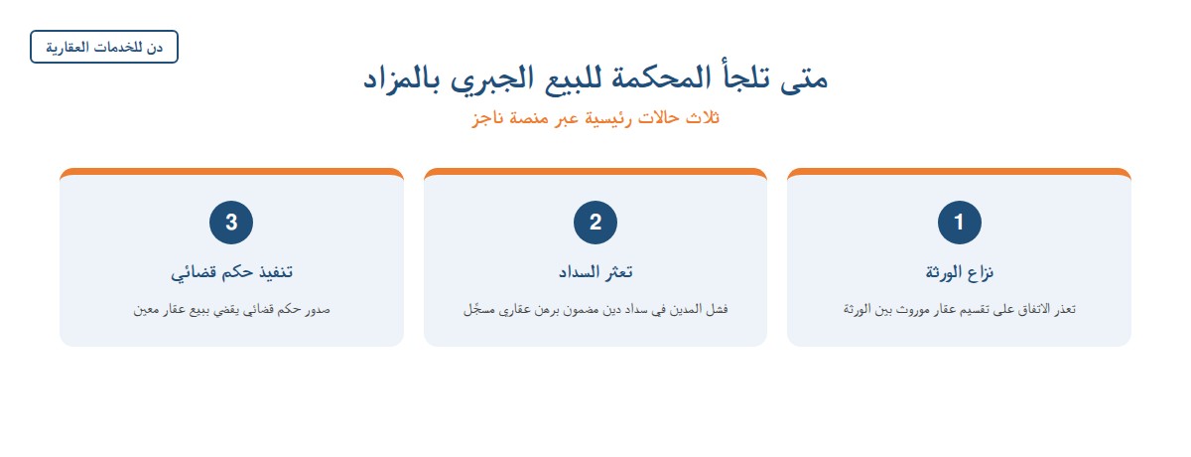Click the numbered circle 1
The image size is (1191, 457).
959,223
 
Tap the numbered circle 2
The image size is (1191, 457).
595,223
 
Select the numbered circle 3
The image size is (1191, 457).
231,223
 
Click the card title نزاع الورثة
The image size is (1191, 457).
959,272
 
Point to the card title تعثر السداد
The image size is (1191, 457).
595,272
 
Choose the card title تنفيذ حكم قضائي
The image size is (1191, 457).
231,272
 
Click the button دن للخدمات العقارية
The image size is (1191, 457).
104,47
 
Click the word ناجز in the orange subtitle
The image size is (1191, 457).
487,118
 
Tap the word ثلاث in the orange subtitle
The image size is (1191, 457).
703,117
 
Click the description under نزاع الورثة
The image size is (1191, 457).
959,309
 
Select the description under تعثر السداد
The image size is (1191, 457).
595,309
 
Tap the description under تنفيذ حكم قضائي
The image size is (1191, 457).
231,309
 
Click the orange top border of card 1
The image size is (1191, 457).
959,171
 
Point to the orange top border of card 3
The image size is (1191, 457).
231,171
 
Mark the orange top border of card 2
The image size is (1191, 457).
595,171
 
